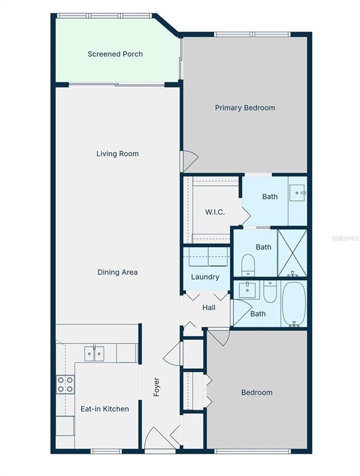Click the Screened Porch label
click(x=115, y=54)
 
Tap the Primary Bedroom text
click(x=245, y=108)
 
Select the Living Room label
click(x=117, y=154)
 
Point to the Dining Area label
click(x=117, y=272)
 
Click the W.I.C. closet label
click(x=214, y=213)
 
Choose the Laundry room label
click(x=204, y=277)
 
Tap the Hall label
click(x=209, y=307)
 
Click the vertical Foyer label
click(x=157, y=387)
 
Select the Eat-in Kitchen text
click(x=105, y=409)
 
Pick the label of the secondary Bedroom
click(x=257, y=392)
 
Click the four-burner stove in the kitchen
click(x=65, y=385)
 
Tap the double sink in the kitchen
click(x=94, y=353)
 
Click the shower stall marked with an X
click(x=292, y=252)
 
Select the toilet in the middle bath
click(x=248, y=265)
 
